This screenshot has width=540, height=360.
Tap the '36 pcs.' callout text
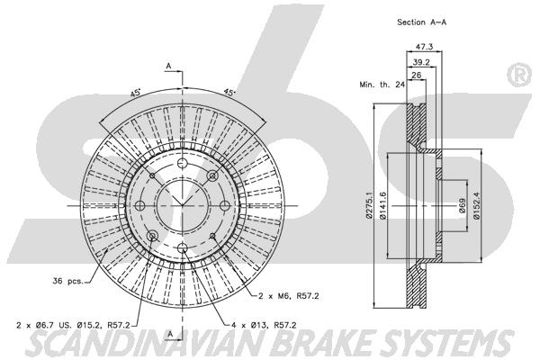click(67, 281)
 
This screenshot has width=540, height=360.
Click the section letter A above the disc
click(168, 66)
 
